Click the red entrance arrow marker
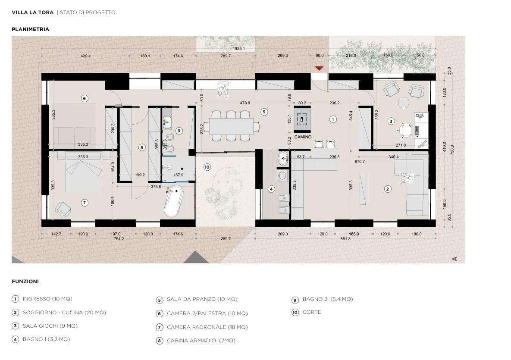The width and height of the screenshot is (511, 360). (319, 68)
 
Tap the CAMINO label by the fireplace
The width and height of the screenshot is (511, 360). (303, 137)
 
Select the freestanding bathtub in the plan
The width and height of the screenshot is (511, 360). (174, 201)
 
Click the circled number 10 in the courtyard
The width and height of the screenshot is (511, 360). (207, 167)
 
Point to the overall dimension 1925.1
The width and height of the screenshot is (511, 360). (239, 49)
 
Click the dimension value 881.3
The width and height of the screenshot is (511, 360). (345, 239)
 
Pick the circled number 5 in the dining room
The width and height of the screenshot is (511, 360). (264, 112)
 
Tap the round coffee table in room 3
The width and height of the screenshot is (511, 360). (404, 102)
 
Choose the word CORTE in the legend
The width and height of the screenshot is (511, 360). (312, 312)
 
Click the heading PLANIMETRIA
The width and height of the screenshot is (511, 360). (30, 29)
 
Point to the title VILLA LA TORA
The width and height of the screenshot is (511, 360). (33, 13)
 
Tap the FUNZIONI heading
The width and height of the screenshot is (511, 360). (25, 282)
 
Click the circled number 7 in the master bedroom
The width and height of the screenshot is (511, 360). (85, 203)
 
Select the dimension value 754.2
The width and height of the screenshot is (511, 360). (119, 239)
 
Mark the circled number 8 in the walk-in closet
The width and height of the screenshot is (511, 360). (141, 147)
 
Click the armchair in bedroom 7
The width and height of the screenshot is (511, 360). (63, 210)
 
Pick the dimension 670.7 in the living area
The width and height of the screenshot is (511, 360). (360, 162)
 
